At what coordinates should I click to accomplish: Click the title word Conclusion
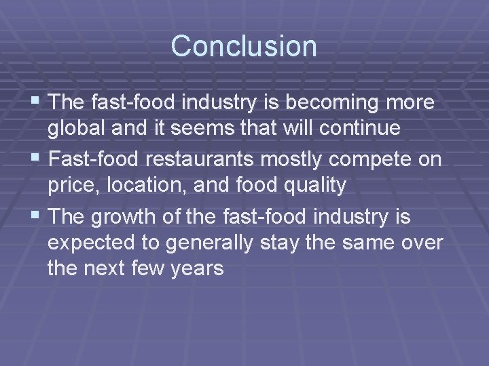click(x=244, y=46)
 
